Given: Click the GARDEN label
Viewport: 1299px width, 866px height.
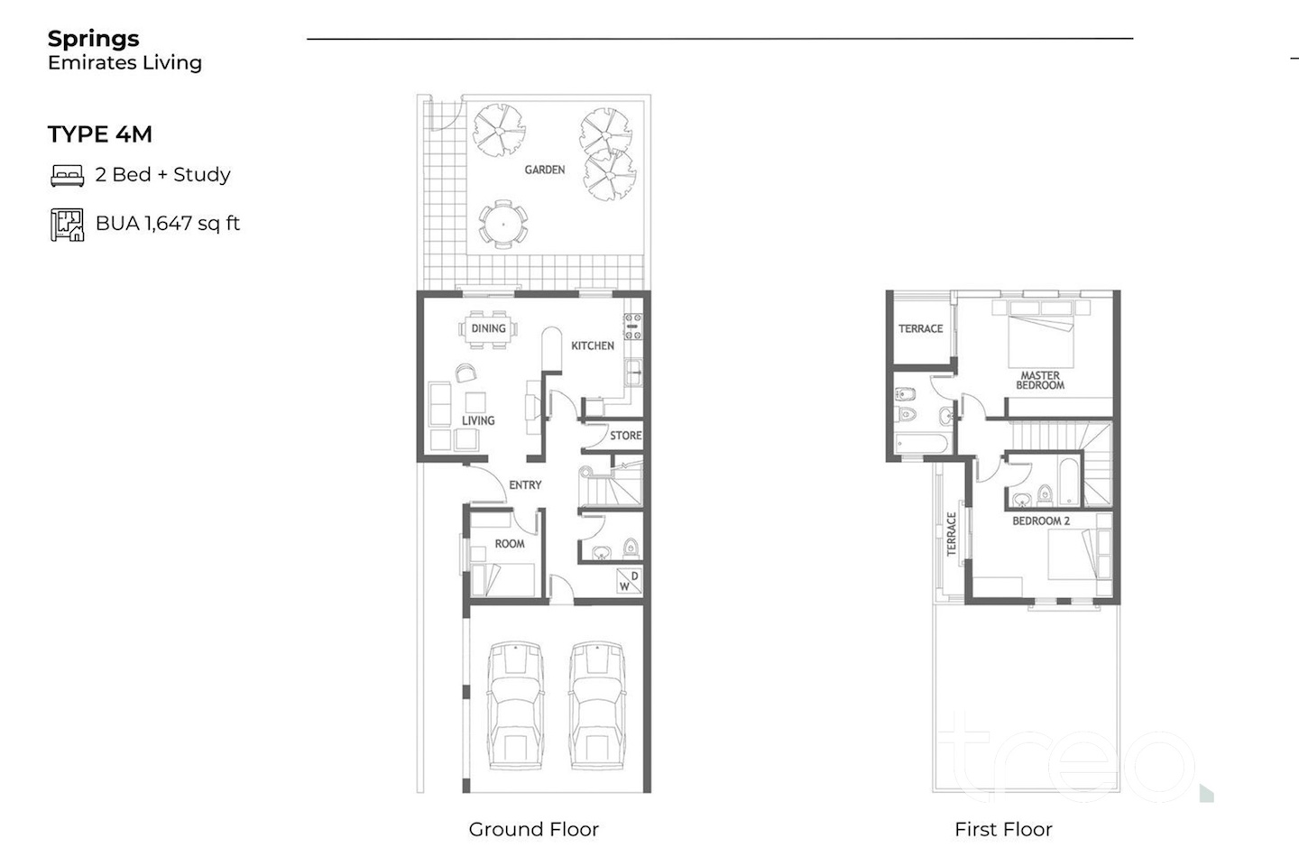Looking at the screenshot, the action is tap(545, 170).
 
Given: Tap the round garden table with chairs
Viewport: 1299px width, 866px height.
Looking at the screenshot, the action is tap(503, 225).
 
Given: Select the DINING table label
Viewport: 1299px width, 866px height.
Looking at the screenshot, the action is tap(488, 328).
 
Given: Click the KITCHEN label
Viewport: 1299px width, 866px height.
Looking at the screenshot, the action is tap(592, 345).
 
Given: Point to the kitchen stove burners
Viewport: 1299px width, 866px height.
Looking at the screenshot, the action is tap(632, 327).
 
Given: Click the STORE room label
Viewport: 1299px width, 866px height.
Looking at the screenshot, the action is tap(626, 436).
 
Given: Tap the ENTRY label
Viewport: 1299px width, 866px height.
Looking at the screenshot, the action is tap(525, 485).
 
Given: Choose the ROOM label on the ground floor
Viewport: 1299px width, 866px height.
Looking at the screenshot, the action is tap(509, 543).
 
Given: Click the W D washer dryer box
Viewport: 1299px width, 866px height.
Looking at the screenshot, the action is tap(630, 581).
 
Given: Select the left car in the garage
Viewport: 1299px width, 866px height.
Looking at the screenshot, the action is tap(515, 705).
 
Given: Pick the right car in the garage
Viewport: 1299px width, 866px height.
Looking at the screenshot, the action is tap(597, 705).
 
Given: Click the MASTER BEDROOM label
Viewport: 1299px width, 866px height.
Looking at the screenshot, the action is tap(1040, 381).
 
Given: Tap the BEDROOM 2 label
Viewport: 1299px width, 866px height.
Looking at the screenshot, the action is tap(1041, 521).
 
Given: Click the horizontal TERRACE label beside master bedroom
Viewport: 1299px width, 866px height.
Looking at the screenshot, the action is tap(920, 329).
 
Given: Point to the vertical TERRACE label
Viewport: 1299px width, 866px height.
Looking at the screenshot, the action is tap(951, 534).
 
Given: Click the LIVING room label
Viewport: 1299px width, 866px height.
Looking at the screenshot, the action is tap(478, 420).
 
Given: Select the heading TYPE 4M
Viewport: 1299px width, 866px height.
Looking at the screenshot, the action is tap(100, 134).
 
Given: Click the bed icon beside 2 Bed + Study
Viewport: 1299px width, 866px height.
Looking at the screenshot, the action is tap(68, 176).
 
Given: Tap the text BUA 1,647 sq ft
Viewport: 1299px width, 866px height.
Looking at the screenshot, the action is tap(168, 224).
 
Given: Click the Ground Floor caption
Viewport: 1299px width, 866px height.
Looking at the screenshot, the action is tap(533, 829).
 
